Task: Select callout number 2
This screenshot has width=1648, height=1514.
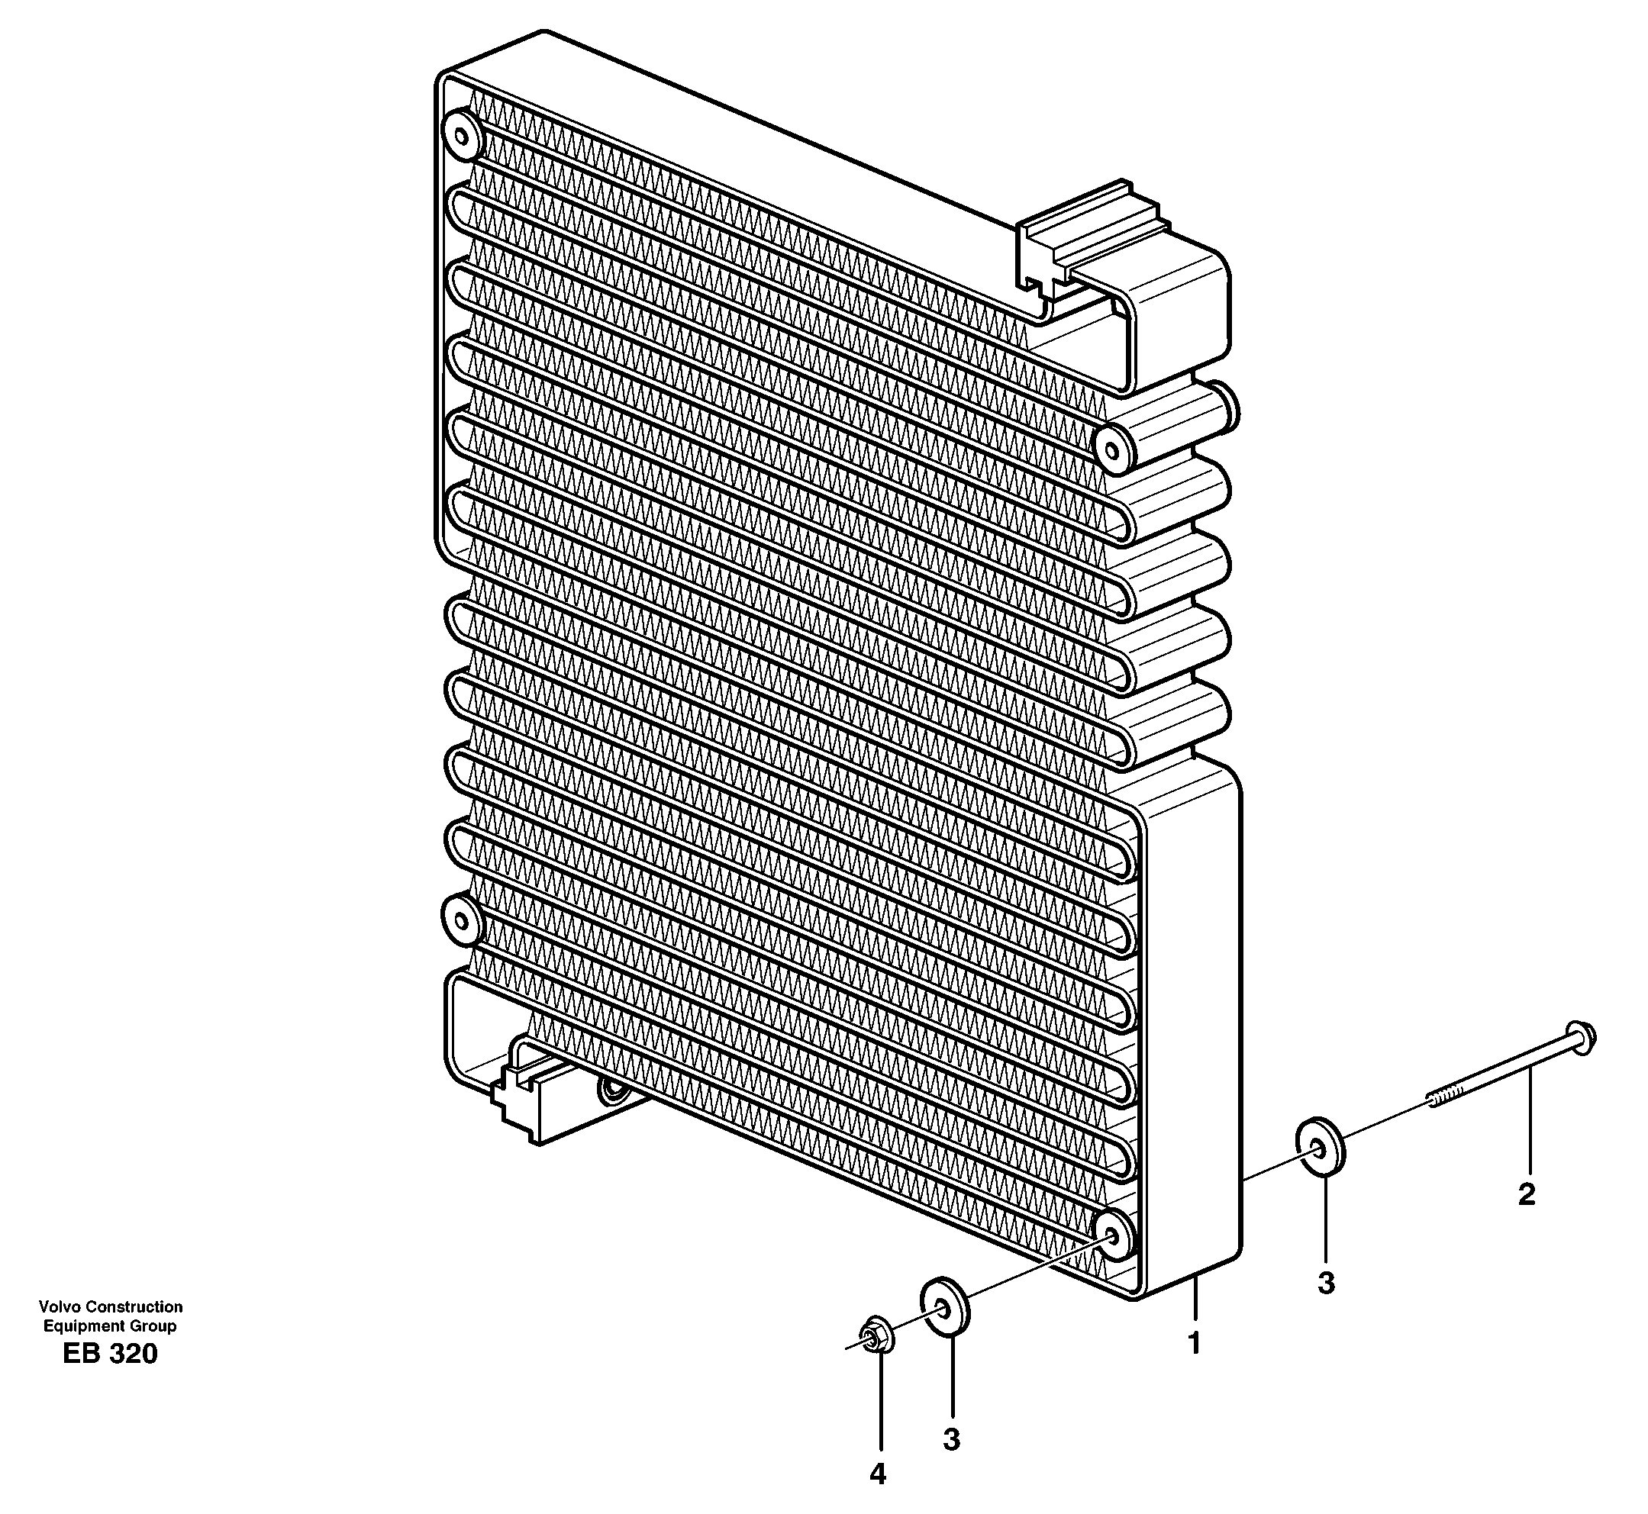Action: (x=1526, y=1194)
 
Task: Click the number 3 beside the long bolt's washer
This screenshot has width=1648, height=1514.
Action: (x=1326, y=1283)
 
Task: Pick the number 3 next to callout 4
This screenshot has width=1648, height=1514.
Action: (x=950, y=1439)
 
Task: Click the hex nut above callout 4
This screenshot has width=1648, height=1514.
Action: (x=878, y=1338)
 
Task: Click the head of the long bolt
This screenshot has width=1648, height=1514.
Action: (x=1580, y=1038)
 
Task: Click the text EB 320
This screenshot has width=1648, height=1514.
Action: (x=110, y=1377)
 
